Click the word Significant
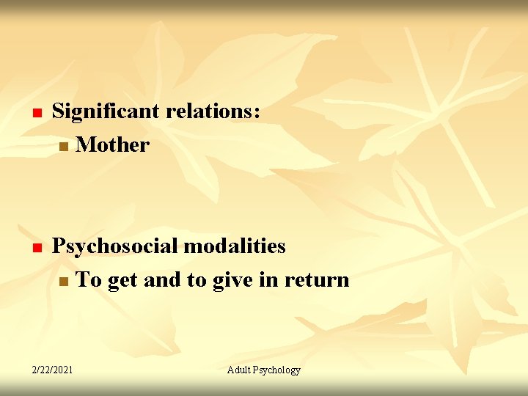tap(107, 111)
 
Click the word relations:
tap(213, 111)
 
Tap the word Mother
tap(112, 144)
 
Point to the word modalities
tap(234, 246)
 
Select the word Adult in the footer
tap(239, 370)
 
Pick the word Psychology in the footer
tap(277, 370)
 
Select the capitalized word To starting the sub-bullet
tap(88, 280)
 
